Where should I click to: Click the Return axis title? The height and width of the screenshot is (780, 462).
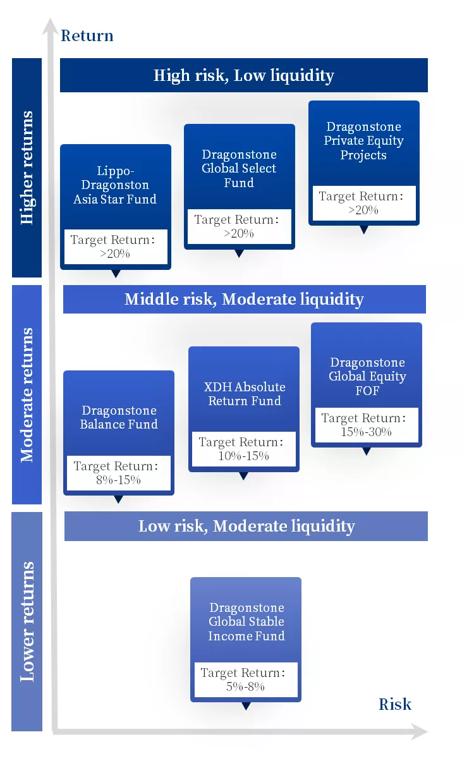click(87, 35)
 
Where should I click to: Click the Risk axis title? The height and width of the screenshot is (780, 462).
click(395, 704)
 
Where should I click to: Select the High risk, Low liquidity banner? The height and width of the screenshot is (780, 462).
click(244, 75)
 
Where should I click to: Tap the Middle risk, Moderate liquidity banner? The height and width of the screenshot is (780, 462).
click(244, 299)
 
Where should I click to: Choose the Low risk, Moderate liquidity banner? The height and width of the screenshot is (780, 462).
click(246, 526)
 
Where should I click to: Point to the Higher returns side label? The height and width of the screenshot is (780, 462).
click(27, 168)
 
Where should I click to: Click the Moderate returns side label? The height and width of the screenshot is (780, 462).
click(27, 394)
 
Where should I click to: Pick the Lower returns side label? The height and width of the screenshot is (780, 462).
click(27, 621)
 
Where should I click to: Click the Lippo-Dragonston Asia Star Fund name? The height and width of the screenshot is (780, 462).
click(115, 185)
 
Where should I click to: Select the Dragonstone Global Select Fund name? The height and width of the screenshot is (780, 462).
click(239, 168)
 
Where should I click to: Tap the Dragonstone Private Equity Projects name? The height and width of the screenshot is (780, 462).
click(363, 141)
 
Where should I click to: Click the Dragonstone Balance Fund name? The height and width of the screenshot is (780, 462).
click(119, 417)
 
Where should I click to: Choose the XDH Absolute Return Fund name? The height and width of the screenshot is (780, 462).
click(245, 394)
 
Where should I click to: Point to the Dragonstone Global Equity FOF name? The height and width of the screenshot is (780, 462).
click(367, 376)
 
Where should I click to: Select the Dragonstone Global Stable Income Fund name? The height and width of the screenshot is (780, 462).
click(246, 621)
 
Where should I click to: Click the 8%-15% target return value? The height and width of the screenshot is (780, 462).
click(118, 480)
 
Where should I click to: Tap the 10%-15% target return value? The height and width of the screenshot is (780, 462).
click(244, 456)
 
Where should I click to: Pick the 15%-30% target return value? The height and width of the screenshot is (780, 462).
click(367, 432)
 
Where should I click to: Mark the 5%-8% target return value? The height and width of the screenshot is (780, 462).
click(245, 686)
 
